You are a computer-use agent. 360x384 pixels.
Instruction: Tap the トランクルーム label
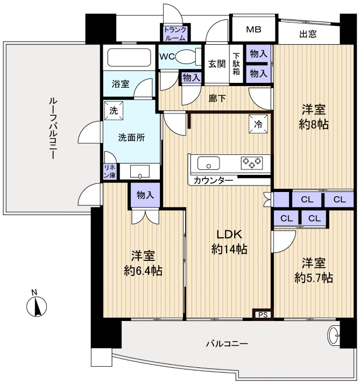[x=175, y=34]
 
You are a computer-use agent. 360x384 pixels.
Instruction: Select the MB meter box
[x=253, y=30]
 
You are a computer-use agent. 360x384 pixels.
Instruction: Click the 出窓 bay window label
[x=308, y=34]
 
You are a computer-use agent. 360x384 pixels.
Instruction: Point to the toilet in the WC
[x=186, y=56]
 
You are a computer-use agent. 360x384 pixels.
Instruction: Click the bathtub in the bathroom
[x=129, y=57]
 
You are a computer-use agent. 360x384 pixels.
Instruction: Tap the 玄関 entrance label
[x=217, y=64]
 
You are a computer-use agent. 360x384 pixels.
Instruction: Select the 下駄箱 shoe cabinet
[x=236, y=64]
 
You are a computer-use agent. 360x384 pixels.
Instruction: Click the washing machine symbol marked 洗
[x=114, y=110]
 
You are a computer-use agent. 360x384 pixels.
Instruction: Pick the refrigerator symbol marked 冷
[x=258, y=124]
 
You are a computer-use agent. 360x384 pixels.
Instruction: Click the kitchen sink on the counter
[x=208, y=162]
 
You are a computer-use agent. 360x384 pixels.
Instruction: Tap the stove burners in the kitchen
[x=251, y=161]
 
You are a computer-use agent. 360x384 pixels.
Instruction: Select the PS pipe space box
[x=263, y=315]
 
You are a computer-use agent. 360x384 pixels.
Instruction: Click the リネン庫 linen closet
[x=110, y=171]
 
